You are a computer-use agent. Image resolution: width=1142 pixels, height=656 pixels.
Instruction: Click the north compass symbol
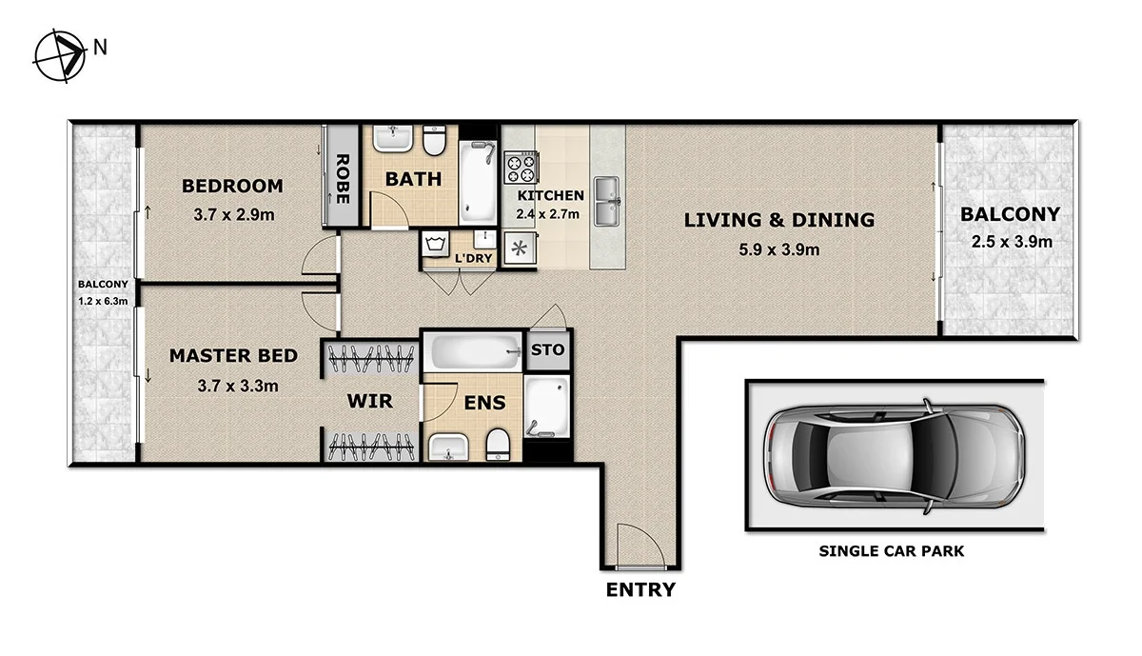(x=59, y=56)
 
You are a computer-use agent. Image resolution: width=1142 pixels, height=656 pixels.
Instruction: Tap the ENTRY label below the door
(x=640, y=590)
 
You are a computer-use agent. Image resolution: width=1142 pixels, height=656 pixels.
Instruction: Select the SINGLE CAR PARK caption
(x=892, y=551)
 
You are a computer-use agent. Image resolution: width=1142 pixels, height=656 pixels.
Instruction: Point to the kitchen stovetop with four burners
(x=521, y=168)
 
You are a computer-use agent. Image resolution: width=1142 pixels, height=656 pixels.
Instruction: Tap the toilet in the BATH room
(x=435, y=141)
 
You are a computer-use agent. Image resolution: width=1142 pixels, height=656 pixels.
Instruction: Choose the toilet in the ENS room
(x=497, y=443)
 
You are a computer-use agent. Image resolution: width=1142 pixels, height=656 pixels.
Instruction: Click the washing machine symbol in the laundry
(x=436, y=245)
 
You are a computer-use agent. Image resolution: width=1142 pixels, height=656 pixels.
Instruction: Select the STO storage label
(x=547, y=349)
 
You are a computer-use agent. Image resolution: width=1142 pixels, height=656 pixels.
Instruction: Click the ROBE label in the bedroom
(x=343, y=181)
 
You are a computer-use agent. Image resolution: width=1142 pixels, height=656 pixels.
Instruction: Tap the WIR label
(x=369, y=402)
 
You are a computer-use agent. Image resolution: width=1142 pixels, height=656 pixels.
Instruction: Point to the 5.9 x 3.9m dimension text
(x=778, y=250)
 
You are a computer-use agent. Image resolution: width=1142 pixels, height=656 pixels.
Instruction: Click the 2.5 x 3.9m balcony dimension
(x=1011, y=241)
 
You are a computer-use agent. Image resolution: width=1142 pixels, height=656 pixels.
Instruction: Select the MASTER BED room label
(x=233, y=356)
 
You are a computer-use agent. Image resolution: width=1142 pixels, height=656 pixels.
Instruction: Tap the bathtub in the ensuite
(x=474, y=353)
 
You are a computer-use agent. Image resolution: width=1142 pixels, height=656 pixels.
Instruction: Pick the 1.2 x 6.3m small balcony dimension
(x=102, y=301)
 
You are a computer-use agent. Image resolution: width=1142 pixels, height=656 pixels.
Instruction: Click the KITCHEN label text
(x=550, y=195)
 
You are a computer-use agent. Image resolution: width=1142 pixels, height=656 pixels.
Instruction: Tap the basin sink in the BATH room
(x=391, y=141)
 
